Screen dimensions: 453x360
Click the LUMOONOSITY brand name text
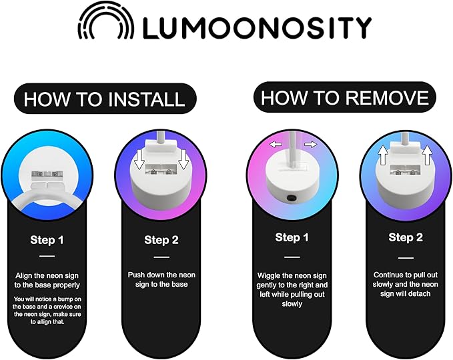coord(258,28)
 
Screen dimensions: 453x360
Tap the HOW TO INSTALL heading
coord(104,99)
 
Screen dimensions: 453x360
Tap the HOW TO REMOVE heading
coord(345,97)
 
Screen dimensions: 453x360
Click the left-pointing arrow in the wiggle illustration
coord(276,144)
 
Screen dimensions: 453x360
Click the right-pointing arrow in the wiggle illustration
coord(311,144)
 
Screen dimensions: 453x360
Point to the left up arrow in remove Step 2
coord(384,155)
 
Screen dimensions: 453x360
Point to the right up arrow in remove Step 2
coord(427,155)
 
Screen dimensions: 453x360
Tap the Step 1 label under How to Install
coord(47,240)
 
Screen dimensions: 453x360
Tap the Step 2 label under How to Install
coord(161,240)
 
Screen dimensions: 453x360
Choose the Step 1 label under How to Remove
coord(292,237)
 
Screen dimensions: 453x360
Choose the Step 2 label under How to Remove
coord(406,237)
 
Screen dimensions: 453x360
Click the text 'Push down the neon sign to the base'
coord(161,279)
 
